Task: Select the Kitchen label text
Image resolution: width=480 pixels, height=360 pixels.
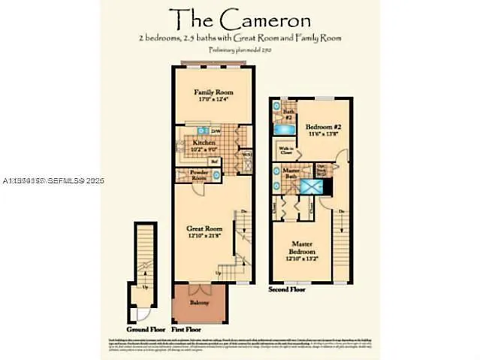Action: click(x=204, y=142)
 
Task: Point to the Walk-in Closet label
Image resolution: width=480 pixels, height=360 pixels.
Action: click(x=286, y=150)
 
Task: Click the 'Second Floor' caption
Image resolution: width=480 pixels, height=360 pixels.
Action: click(x=286, y=289)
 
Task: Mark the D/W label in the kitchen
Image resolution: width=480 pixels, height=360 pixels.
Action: click(x=215, y=131)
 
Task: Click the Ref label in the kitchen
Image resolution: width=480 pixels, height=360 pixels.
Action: click(x=214, y=161)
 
